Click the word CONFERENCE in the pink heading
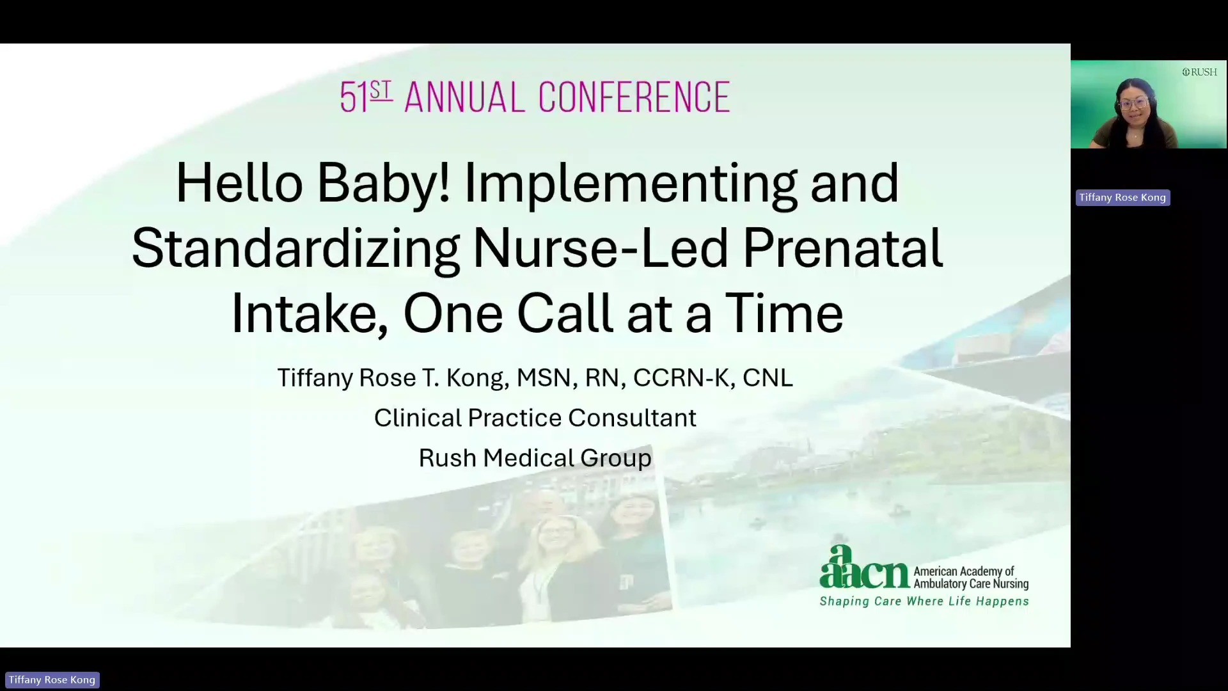point(634,97)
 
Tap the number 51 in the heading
point(354,97)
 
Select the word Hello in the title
point(239,183)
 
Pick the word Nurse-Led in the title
point(601,248)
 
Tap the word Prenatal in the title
point(842,248)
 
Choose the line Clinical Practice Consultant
point(535,418)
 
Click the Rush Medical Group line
point(535,458)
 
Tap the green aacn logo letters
point(864,568)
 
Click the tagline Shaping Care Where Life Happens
point(924,601)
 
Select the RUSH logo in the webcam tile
point(1200,72)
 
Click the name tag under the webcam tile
point(1122,198)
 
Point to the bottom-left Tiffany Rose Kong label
point(52,680)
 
